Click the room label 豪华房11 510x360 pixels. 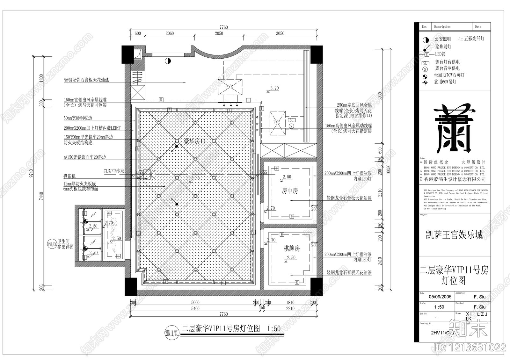(194, 141)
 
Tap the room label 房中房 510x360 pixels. (290, 191)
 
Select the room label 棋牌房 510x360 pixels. (292, 248)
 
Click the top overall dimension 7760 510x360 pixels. (223, 27)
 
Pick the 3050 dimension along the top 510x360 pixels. (280, 33)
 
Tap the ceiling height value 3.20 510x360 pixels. (274, 88)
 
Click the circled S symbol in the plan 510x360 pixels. (291, 126)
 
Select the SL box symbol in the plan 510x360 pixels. (292, 120)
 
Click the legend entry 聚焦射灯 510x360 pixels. (443, 47)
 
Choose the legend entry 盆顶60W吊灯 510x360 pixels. (445, 82)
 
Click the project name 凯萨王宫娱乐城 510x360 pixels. (454, 235)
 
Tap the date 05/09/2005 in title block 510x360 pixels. (440, 297)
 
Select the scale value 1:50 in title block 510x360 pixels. (439, 307)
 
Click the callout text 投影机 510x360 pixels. (69, 176)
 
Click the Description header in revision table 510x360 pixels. (442, 27)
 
